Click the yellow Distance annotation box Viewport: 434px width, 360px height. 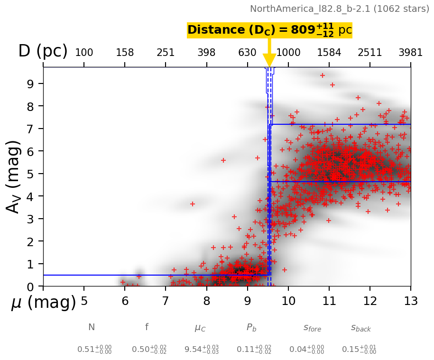pyautogui.click(x=269, y=30)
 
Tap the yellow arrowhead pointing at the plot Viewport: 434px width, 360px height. pyautogui.click(x=269, y=61)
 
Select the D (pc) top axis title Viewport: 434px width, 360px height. pyautogui.click(x=43, y=51)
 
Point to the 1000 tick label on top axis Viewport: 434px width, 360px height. pyautogui.click(x=288, y=53)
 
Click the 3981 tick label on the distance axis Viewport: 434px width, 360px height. pyautogui.click(x=410, y=53)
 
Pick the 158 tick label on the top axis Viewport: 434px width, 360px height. pyautogui.click(x=125, y=53)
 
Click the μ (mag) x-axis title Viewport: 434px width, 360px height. pyautogui.click(x=43, y=303)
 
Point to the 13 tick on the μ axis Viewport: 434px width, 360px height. pyautogui.click(x=410, y=301)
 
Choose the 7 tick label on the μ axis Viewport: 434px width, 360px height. pyautogui.click(x=166, y=301)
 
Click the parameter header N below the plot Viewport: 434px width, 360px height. pyautogui.click(x=92, y=327)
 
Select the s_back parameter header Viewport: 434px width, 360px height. pyautogui.click(x=360, y=328)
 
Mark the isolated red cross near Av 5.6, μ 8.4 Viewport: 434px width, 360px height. pyautogui.click(x=223, y=160)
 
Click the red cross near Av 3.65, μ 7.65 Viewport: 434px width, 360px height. pyautogui.click(x=193, y=204)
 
